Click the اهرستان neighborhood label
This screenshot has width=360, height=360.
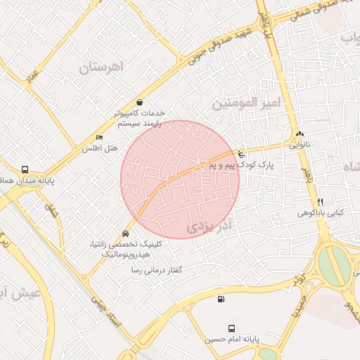(x=101, y=67)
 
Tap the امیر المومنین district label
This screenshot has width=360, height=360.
(x=246, y=104)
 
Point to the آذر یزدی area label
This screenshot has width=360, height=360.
(x=210, y=227)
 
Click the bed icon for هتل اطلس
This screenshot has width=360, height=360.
(x=99, y=137)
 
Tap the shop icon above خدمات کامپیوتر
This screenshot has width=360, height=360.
(x=139, y=102)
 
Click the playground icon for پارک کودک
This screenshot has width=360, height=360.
(x=242, y=154)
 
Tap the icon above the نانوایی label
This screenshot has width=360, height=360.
(x=300, y=134)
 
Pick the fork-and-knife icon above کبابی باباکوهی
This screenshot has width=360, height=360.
(x=321, y=201)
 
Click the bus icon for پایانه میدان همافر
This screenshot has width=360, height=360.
(x=25, y=169)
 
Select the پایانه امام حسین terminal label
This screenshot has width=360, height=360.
(x=232, y=339)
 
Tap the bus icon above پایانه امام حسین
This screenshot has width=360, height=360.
(x=232, y=328)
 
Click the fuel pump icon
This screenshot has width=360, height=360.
(x=221, y=300)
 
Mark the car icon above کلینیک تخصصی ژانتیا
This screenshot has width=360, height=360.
(x=125, y=233)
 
